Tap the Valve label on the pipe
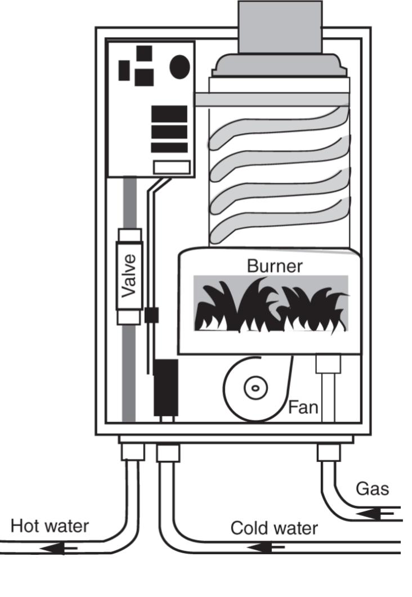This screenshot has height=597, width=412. pos(129,276)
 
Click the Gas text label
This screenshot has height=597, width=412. pos(372,488)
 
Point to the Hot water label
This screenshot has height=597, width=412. pos(50,527)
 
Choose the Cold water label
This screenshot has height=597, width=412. pos(274,528)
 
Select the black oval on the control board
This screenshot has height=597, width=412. pos(180,66)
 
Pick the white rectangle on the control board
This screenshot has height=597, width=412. pos(172,167)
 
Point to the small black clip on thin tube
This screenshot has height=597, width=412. pos(150,315)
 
